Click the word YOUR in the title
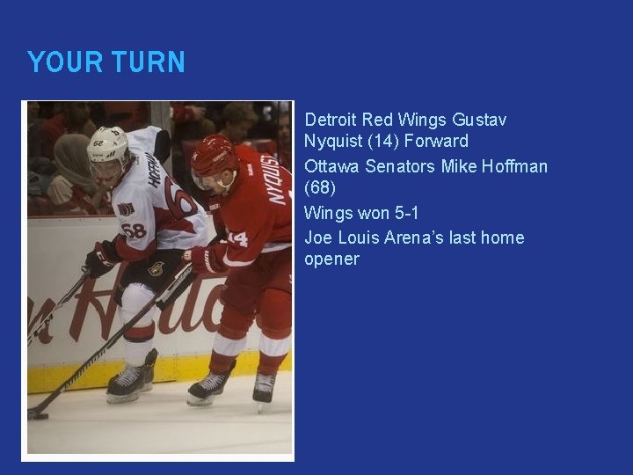click(x=58, y=62)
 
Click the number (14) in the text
click(x=381, y=141)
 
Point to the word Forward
click(x=436, y=141)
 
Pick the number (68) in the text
click(x=320, y=187)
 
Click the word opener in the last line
click(x=331, y=259)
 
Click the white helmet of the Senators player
click(x=106, y=143)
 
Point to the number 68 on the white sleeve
click(x=135, y=230)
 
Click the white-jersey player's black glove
click(x=100, y=259)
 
